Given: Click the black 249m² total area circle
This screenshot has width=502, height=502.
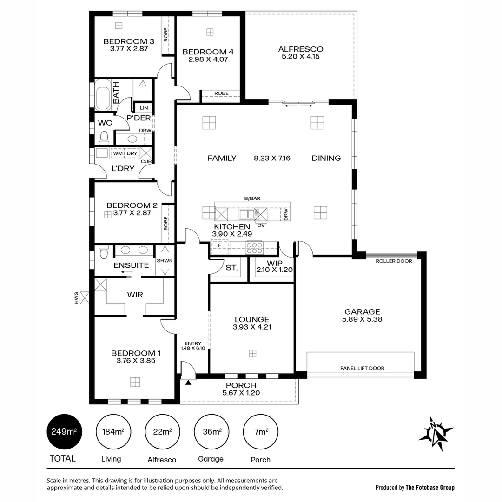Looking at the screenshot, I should (x=62, y=432).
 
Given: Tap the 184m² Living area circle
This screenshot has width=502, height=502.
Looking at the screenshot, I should (x=112, y=432).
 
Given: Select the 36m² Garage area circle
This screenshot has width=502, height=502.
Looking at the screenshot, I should (x=211, y=432).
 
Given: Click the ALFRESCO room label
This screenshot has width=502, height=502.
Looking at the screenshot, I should (x=300, y=49).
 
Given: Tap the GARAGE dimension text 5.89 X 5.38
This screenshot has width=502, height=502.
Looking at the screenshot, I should (x=362, y=319).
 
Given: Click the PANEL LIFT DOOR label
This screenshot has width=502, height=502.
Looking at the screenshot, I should (x=362, y=368).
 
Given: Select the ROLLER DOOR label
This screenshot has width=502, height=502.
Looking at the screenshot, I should (x=394, y=261).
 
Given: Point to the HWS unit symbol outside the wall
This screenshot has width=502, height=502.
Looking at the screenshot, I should (x=85, y=297).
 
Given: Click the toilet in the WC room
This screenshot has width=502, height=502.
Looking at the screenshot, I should (x=104, y=137).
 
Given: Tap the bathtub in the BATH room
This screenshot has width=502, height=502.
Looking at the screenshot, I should (x=103, y=95).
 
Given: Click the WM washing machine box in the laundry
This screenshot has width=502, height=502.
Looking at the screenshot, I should (x=118, y=153).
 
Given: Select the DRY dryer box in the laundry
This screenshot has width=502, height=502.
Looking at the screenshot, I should (x=132, y=153).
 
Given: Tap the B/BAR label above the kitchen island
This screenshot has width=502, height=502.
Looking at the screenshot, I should (x=252, y=198).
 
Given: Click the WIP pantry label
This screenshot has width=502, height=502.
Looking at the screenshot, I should (x=272, y=263).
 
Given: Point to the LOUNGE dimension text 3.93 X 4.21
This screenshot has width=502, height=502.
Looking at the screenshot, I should (x=252, y=327).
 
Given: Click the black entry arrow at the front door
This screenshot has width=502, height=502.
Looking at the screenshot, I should (x=188, y=383).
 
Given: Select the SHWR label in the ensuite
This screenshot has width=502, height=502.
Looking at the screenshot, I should (x=165, y=261).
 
